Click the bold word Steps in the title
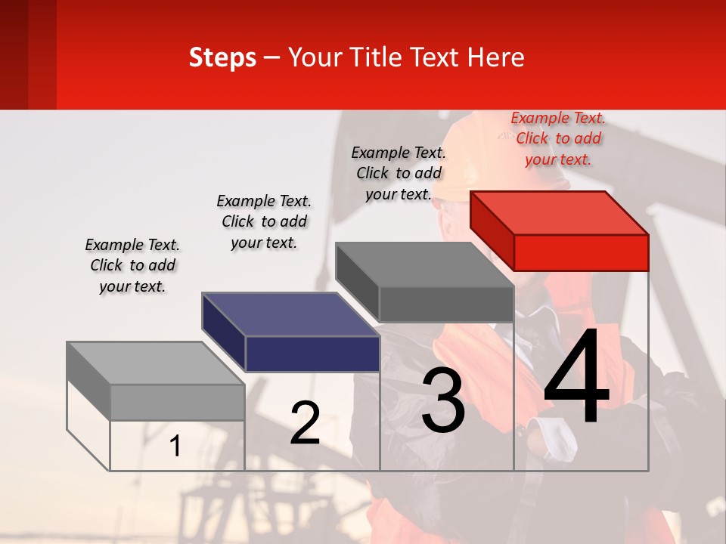pyautogui.click(x=222, y=57)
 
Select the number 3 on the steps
pyautogui.click(x=443, y=400)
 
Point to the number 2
pyautogui.click(x=305, y=423)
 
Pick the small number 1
pyautogui.click(x=175, y=446)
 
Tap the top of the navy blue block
pyautogui.click(x=291, y=314)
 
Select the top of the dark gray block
pyautogui.click(x=425, y=264)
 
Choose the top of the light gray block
pyautogui.click(x=156, y=363)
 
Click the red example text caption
pyautogui.click(x=558, y=138)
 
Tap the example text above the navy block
pyautogui.click(x=264, y=221)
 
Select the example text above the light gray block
pyautogui.click(x=132, y=265)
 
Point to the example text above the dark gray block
pyautogui.click(x=399, y=173)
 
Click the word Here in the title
pyautogui.click(x=496, y=57)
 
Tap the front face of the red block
pyautogui.click(x=581, y=252)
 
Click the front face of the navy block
pyautogui.click(x=312, y=354)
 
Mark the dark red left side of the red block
pyautogui.click(x=492, y=230)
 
